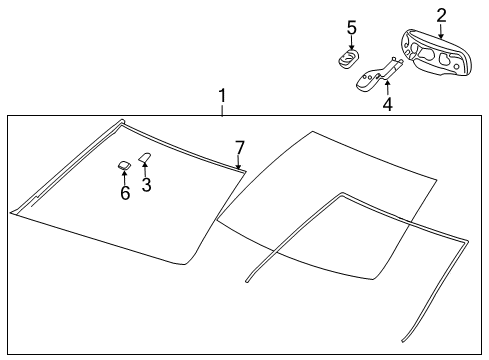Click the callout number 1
[223, 97]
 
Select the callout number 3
[146, 185]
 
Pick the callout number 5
[351, 27]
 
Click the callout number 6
[125, 193]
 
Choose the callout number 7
[239, 148]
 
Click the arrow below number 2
[441, 31]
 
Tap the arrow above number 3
[144, 169]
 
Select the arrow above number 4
[387, 86]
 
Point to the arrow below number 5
[351, 43]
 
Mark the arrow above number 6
[124, 177]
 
